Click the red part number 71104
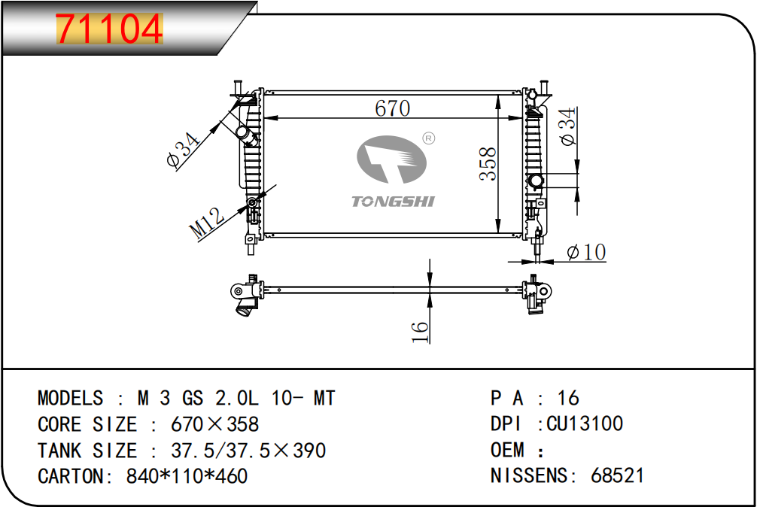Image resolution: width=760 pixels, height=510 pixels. [109, 29]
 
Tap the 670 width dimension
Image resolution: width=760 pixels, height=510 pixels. [392, 108]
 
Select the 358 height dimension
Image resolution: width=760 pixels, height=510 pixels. [488, 164]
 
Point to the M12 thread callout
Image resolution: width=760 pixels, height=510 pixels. [207, 223]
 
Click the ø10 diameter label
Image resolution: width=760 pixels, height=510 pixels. [586, 252]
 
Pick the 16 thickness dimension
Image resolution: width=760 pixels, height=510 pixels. [420, 332]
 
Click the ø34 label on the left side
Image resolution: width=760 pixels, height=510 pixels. [183, 150]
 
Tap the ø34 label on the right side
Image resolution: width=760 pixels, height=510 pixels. [567, 126]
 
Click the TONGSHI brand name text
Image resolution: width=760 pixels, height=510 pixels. [393, 202]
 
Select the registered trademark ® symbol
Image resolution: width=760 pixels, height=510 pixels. [429, 138]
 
